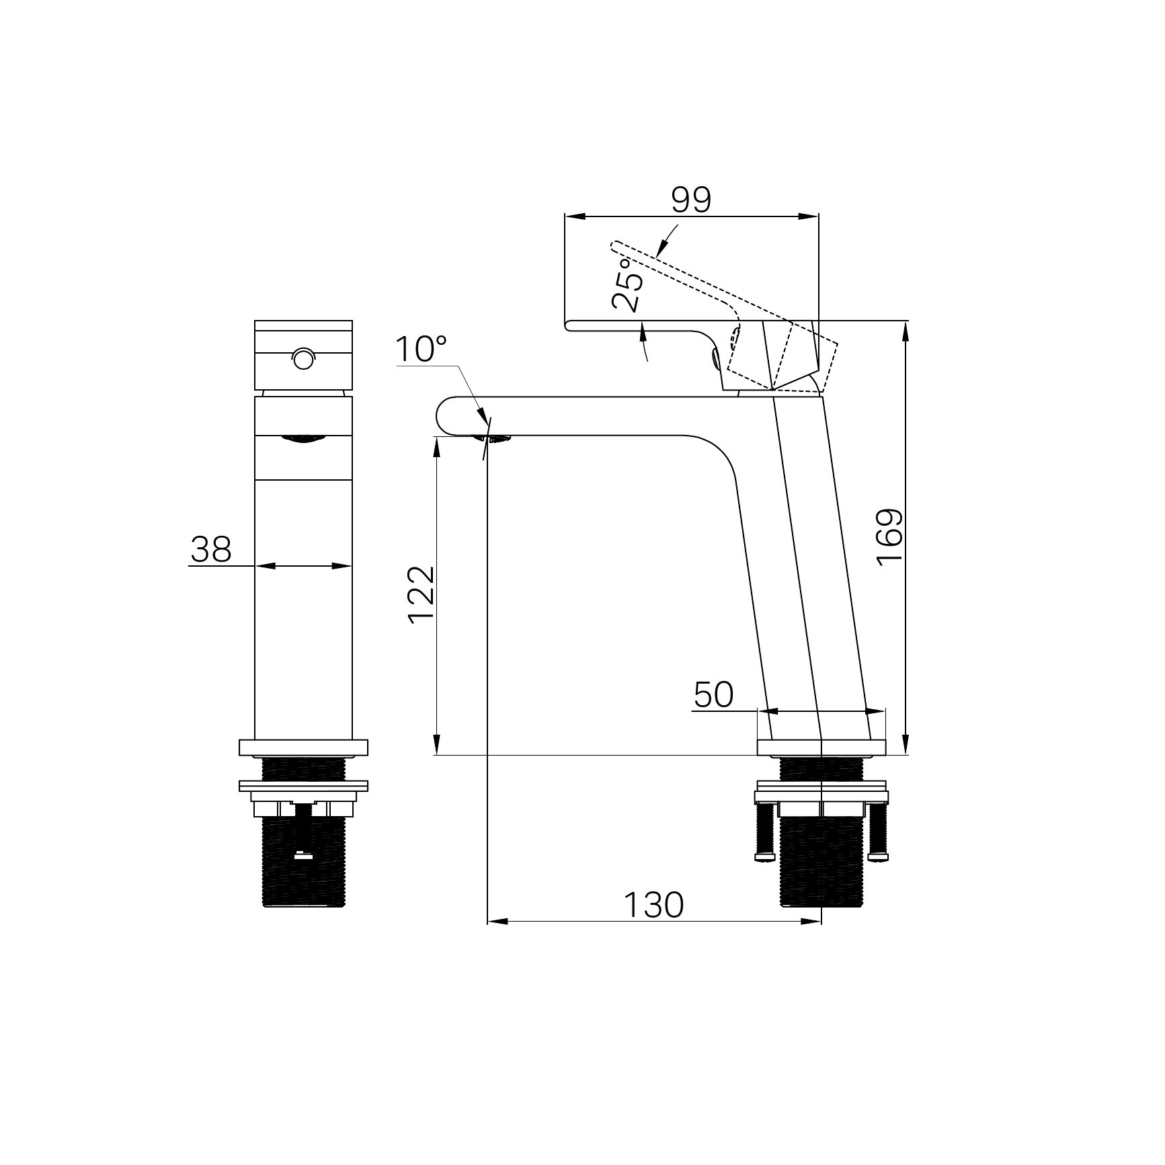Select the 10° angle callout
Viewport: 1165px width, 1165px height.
click(x=421, y=350)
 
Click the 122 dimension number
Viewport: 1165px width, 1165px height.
click(x=421, y=595)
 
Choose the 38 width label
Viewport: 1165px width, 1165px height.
click(x=211, y=549)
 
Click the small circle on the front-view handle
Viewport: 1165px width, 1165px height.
click(x=303, y=359)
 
